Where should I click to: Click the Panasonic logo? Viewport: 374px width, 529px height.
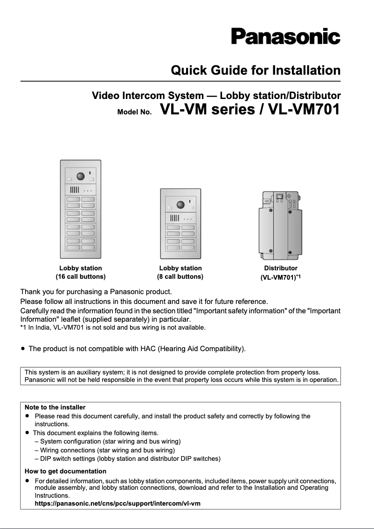[x=285, y=36]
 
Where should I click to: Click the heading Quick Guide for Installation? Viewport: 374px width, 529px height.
[x=256, y=71]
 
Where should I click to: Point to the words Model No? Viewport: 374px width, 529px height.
[x=134, y=113]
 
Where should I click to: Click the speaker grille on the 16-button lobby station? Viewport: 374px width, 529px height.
[x=75, y=190]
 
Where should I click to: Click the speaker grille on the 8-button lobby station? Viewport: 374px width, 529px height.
[x=174, y=218]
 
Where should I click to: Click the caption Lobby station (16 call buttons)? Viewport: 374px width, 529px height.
[x=81, y=272]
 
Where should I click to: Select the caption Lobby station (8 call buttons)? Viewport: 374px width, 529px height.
[x=180, y=272]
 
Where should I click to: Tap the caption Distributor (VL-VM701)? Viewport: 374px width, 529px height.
[x=281, y=273]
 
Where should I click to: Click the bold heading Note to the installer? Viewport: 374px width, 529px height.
[x=55, y=407]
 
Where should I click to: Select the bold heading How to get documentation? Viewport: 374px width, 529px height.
[x=65, y=471]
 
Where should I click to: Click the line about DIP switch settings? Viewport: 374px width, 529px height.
[x=127, y=458]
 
